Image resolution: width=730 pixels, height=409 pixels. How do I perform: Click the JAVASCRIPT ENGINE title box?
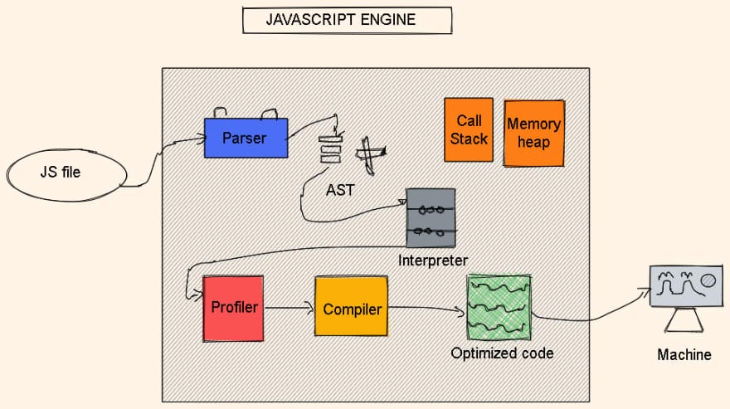[x=347, y=21]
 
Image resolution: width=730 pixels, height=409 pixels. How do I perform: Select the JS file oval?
[x=66, y=173]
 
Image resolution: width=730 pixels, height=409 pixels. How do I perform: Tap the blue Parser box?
[x=246, y=138]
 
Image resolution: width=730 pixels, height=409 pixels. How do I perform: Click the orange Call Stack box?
[x=469, y=129]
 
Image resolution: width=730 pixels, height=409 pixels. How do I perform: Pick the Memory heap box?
[x=533, y=133]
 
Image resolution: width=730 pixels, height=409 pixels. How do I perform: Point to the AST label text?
[x=340, y=190]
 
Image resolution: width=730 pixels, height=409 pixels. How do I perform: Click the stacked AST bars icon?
[x=331, y=149]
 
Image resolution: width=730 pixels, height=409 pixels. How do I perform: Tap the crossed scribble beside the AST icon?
[x=370, y=155]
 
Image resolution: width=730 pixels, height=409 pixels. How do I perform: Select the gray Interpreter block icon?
[x=431, y=217]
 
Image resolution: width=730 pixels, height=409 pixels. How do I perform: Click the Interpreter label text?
[x=432, y=260]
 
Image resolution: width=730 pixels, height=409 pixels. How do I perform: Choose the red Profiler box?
[x=233, y=308]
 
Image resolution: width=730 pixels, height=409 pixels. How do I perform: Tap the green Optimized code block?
[x=499, y=308]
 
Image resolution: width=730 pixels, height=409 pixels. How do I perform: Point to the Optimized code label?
[x=502, y=353]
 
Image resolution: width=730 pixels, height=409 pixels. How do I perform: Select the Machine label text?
[x=684, y=355]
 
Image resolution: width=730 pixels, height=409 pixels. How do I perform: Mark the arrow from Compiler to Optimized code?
[x=425, y=309]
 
